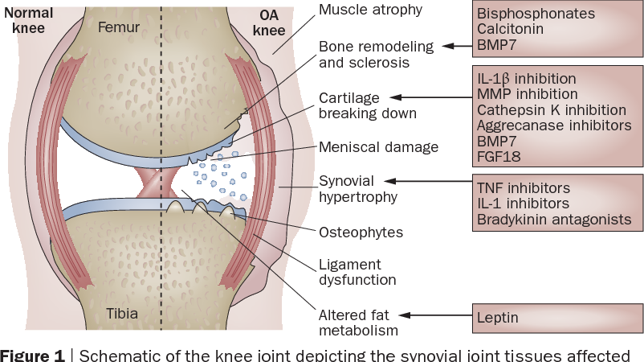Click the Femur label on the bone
click(x=118, y=28)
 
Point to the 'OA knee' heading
click(x=269, y=22)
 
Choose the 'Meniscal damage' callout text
click(x=378, y=147)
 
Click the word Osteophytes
click(x=361, y=232)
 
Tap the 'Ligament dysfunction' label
click(x=357, y=272)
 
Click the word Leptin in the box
click(x=497, y=318)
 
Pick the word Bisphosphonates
click(x=536, y=14)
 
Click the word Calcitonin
click(x=510, y=29)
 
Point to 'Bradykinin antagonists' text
click(x=548, y=219)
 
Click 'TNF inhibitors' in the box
click(x=523, y=188)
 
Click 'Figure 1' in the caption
click(x=32, y=356)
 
